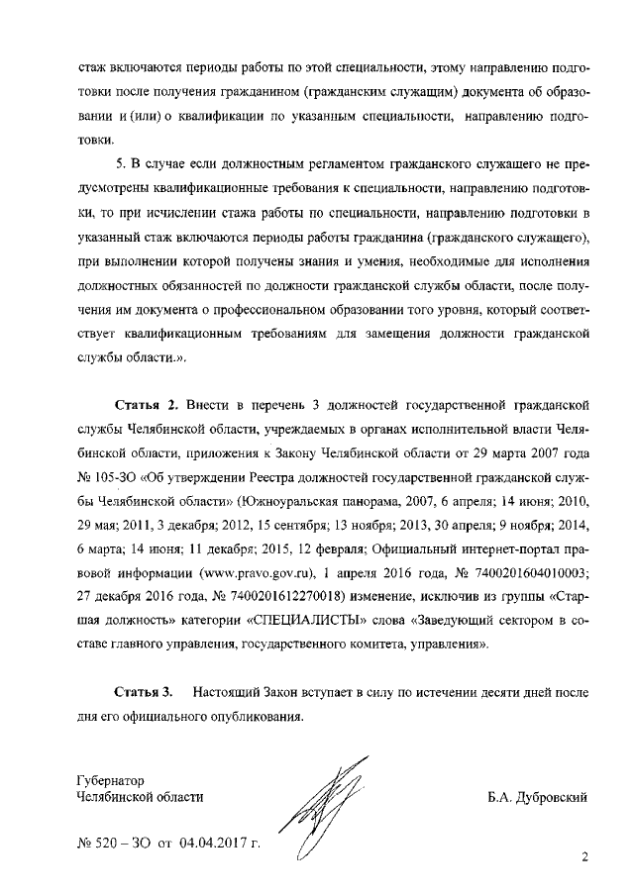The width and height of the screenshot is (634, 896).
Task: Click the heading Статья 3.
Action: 147,690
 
